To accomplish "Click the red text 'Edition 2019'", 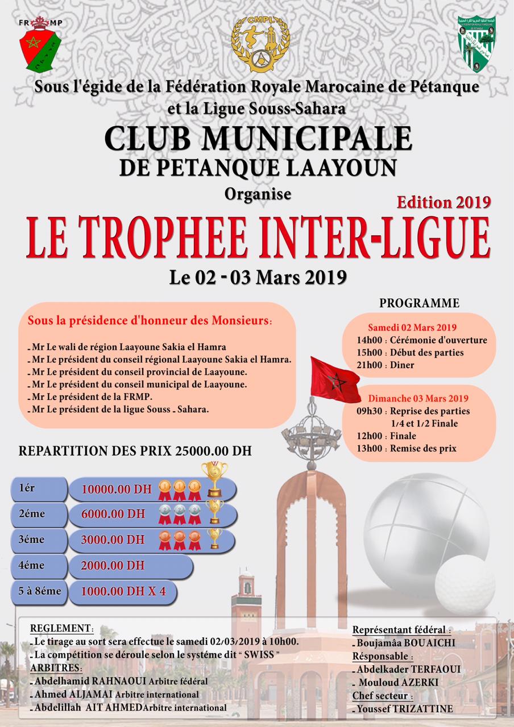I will tap(445, 201).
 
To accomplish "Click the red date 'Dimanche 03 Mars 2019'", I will tap(418, 398).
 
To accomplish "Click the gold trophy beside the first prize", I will tap(214, 479).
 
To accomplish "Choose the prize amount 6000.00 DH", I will tap(113, 515).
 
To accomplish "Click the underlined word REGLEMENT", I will tap(61, 629).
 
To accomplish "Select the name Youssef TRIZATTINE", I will tap(406, 709).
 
